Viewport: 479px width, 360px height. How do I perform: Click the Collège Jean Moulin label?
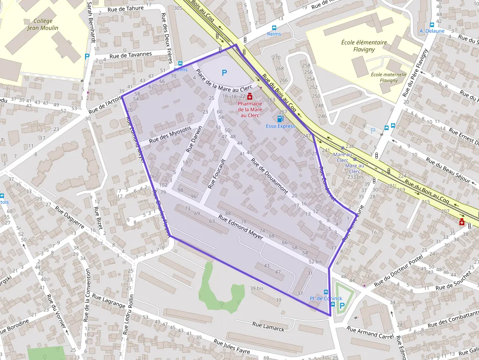tap(43, 24)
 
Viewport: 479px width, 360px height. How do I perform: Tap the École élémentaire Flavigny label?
tap(364, 45)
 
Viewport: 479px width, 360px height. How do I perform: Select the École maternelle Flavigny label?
tap(389, 77)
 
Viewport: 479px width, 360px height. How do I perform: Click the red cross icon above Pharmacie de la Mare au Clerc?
tap(250, 96)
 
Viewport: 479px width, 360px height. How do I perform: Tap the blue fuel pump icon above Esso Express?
tap(280, 118)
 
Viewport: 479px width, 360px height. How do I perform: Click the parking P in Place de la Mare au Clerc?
tap(224, 73)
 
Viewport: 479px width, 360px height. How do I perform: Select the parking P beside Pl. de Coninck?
tap(342, 306)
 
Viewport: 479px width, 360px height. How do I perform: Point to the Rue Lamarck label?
tap(268, 326)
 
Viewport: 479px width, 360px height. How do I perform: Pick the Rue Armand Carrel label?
tap(370, 332)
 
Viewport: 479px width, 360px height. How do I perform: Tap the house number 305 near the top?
tap(178, 8)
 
